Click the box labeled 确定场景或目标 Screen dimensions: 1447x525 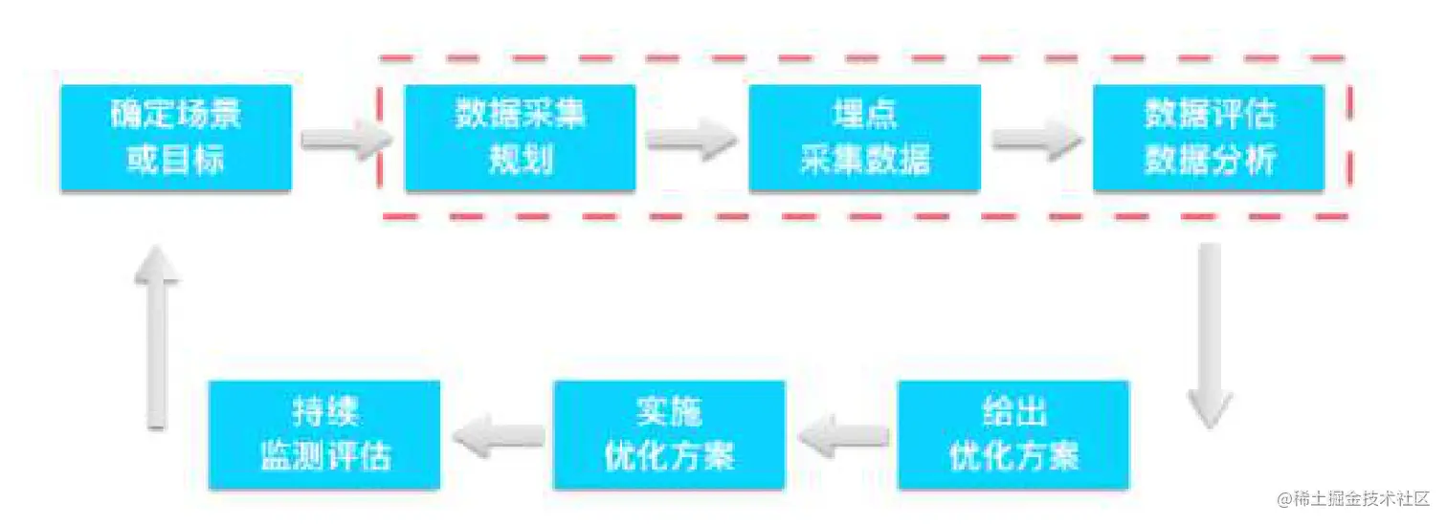point(175,138)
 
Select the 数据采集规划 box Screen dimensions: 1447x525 point(520,138)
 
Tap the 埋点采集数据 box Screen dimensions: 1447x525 point(864,138)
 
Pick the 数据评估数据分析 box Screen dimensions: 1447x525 point(1209,138)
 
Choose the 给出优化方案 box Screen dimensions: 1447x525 point(1013,434)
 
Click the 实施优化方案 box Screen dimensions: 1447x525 point(669,434)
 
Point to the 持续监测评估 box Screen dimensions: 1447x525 point(324,434)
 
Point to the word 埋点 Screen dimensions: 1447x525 point(864,116)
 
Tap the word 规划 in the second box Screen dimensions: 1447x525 point(520,160)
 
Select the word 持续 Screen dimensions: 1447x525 point(324,412)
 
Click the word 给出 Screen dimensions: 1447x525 point(1013,412)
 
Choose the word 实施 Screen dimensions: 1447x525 point(669,412)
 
